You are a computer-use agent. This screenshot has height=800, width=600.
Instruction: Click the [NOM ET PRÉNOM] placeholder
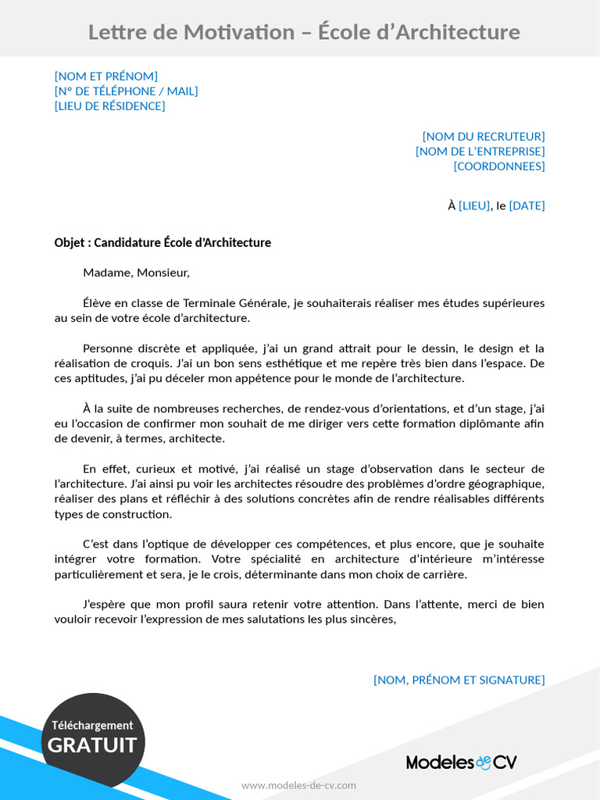point(106,76)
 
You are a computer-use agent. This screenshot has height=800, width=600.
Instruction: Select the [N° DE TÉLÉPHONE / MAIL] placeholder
point(126,91)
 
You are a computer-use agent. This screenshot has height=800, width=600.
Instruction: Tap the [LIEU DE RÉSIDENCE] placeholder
point(109,106)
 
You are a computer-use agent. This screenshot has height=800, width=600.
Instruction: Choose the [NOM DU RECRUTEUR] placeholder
point(484,137)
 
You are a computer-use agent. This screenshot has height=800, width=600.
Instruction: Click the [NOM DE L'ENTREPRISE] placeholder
point(480,152)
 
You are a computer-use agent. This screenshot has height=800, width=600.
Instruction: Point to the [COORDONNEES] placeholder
point(499,166)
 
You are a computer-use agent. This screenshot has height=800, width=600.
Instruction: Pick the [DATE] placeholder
point(527,206)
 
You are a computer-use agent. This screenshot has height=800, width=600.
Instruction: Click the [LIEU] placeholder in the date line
point(474,206)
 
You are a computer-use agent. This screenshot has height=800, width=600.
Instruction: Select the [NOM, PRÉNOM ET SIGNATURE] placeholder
point(459,680)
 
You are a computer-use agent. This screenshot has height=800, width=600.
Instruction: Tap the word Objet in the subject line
point(70,243)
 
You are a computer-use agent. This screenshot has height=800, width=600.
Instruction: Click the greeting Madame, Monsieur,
point(136,273)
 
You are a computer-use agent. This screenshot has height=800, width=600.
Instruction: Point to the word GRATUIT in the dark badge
point(92,745)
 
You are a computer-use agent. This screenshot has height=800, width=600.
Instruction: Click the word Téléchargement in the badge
point(92,725)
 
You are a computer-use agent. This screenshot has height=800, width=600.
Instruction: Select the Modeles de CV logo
point(461,762)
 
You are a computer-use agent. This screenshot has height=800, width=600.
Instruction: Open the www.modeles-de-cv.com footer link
point(298,785)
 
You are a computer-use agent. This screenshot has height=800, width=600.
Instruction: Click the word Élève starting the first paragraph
point(98,303)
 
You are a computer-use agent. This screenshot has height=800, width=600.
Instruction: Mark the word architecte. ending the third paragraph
point(197,439)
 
